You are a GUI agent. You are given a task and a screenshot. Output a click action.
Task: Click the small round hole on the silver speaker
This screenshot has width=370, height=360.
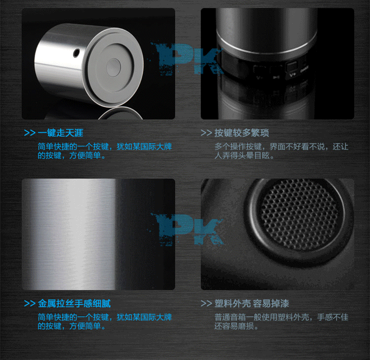pyautogui.click(x=76, y=53)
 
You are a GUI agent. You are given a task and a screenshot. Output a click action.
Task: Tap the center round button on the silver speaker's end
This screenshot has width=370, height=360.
pyautogui.click(x=113, y=67)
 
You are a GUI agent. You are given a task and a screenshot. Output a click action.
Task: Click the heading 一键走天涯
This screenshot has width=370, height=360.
pyautogui.click(x=60, y=133)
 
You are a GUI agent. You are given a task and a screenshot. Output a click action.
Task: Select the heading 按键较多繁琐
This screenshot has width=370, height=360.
pyautogui.click(x=242, y=133)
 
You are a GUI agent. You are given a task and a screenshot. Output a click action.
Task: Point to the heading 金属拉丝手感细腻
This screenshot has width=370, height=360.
pyautogui.click(x=74, y=303)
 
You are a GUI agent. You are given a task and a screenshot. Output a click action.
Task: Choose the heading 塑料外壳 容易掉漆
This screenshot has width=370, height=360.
pyautogui.click(x=252, y=303)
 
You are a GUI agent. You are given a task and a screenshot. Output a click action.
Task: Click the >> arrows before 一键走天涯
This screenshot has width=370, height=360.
pyautogui.click(x=30, y=133)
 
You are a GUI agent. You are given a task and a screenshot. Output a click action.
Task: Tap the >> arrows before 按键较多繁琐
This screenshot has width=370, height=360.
pyautogui.click(x=206, y=133)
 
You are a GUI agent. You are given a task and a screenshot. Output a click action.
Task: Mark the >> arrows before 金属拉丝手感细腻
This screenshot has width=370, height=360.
pyautogui.click(x=30, y=303)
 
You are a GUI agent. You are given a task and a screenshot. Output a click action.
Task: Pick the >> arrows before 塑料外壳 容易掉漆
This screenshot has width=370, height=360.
pyautogui.click(x=206, y=303)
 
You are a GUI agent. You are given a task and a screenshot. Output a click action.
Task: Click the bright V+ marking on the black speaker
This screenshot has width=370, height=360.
pyautogui.click(x=292, y=75)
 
